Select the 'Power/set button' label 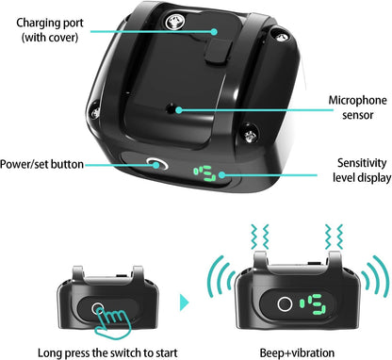tap(43, 165)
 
